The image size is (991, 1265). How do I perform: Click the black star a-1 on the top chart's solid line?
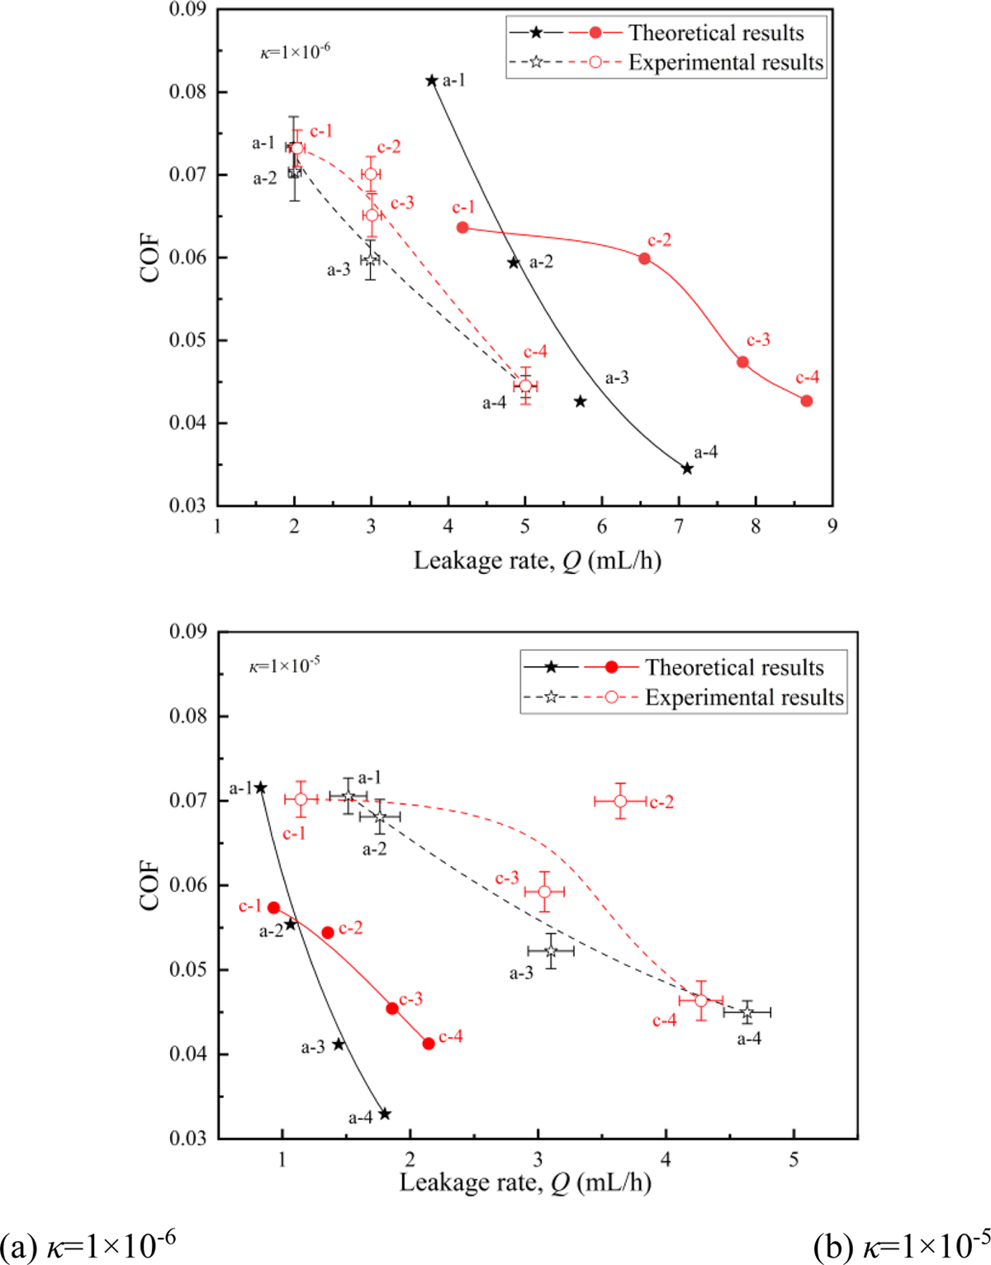pos(432,81)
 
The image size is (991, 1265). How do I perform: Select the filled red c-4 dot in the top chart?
pos(807,401)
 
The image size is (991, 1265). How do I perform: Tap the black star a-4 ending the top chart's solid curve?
pos(687,469)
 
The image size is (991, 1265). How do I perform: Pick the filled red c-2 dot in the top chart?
pos(645,258)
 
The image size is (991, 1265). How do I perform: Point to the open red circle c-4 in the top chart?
pos(525,386)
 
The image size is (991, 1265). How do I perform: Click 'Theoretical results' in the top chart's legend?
pos(716,33)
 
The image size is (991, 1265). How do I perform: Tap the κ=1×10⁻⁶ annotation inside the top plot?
pos(295,51)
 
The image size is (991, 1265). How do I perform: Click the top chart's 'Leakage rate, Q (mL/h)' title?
pos(538,561)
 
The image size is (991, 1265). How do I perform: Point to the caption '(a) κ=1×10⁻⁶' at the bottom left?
pos(88,1246)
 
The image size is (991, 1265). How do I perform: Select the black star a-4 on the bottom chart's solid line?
pos(384,1114)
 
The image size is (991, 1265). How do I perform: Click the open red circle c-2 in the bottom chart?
pos(620,801)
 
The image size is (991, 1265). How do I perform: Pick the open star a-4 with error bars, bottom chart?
pos(747,1012)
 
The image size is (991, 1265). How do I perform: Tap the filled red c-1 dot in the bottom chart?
pos(274,907)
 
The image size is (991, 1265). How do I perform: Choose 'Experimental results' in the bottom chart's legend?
pos(744,698)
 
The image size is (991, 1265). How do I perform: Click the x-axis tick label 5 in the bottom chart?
pos(794,1159)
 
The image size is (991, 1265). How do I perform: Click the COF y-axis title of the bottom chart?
pos(150,885)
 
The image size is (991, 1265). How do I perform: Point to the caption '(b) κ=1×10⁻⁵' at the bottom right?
pos(901,1246)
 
